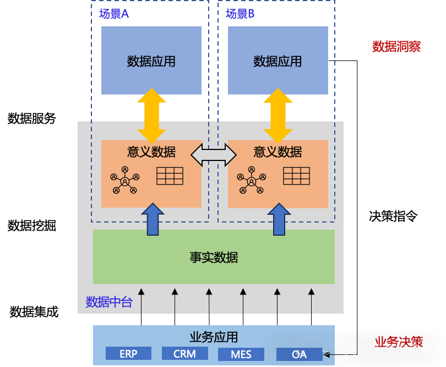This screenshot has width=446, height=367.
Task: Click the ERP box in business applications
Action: click(128, 353)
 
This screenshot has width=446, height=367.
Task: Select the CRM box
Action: click(184, 353)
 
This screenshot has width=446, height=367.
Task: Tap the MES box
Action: click(241, 354)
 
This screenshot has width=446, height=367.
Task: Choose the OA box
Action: click(299, 354)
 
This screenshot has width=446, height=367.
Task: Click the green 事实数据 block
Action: click(214, 257)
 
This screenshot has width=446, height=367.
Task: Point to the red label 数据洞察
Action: click(396, 46)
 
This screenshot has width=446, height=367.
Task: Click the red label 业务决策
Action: click(399, 342)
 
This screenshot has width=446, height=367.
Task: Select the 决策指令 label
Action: click(393, 216)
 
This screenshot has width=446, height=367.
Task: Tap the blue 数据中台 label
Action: click(109, 302)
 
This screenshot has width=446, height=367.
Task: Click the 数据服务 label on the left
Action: click(32, 118)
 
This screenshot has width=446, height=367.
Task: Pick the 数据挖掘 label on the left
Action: click(32, 225)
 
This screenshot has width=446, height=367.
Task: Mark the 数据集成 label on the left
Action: click(34, 312)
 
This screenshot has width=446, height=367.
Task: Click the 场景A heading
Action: click(114, 14)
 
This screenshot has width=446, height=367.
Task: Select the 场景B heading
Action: click(240, 14)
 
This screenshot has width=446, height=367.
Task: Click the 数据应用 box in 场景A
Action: click(151, 60)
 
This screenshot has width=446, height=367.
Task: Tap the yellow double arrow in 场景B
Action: click(278, 115)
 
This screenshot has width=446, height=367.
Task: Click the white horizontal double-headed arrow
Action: click(214, 154)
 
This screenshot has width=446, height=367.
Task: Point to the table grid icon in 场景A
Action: click(170, 176)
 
